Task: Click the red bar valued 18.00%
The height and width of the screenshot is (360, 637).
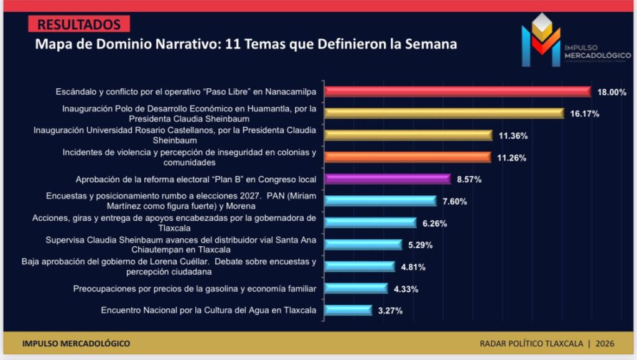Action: point(457,91)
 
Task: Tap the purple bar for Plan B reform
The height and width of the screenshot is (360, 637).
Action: point(388,179)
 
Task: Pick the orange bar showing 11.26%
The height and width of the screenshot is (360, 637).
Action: point(408,157)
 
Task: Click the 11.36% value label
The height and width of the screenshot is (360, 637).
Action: point(513,136)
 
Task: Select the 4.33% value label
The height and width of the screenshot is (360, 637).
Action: point(406,288)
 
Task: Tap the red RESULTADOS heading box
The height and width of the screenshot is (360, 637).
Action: point(79,25)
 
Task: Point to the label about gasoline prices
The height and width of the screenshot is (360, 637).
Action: point(195,288)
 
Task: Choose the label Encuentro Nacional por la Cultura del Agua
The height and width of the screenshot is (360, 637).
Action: point(208,310)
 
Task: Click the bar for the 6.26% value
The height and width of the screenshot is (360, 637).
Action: point(371,223)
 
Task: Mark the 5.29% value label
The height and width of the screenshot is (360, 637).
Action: point(421,244)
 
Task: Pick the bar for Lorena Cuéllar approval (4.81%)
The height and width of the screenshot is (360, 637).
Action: point(360,266)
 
